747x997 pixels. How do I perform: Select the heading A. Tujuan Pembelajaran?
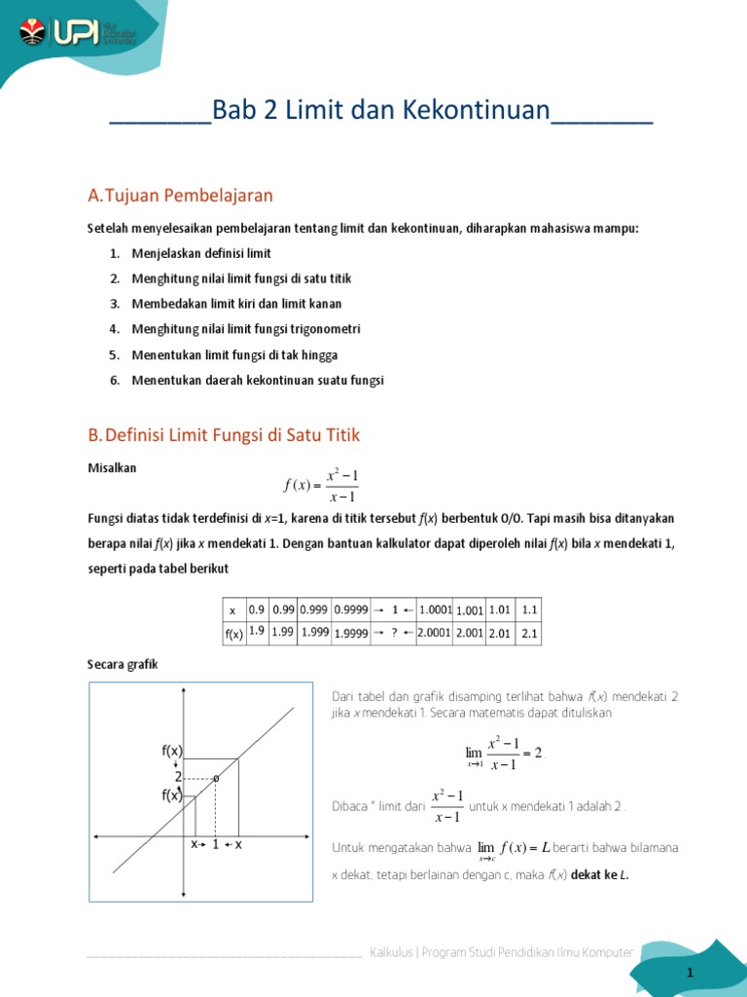[180, 196]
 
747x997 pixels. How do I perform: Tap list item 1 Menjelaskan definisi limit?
[200, 253]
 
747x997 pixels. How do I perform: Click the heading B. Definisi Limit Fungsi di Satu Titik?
[224, 434]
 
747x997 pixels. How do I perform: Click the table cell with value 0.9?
[257, 609]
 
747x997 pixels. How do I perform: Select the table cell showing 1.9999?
[350, 634]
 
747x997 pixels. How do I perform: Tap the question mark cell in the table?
[395, 633]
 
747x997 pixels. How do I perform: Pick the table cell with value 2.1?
[529, 633]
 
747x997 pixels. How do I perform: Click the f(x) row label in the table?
[232, 634]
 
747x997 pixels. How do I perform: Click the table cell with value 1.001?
[470, 610]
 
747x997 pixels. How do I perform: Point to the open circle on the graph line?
[215, 777]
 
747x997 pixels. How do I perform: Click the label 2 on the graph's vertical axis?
[178, 777]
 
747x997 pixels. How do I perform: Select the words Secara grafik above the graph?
[122, 664]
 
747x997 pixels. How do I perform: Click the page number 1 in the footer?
[690, 974]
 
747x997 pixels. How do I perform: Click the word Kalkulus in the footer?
[392, 952]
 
